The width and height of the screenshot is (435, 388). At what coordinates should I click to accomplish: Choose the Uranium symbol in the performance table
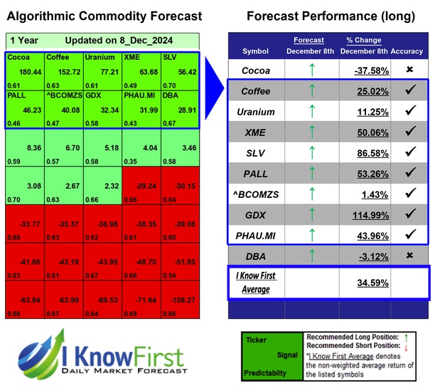[255, 112]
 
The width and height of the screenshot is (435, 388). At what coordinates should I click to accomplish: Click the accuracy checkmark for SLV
[411, 152]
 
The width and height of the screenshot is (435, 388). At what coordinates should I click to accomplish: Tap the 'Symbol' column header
[255, 51]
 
